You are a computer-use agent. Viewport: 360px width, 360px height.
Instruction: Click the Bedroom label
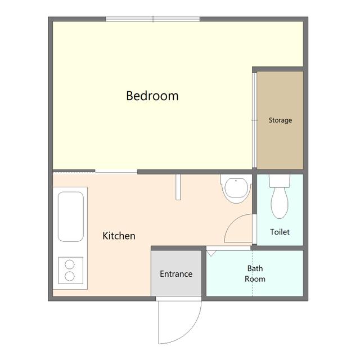click(x=152, y=96)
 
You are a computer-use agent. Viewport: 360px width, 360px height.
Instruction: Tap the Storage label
click(x=280, y=120)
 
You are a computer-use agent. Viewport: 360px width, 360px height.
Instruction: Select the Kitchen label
click(x=119, y=236)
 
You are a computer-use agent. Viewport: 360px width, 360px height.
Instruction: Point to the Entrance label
click(x=176, y=274)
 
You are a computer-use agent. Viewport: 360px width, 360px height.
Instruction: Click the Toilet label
click(x=280, y=232)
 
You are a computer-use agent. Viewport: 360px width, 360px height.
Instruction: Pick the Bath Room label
click(x=255, y=274)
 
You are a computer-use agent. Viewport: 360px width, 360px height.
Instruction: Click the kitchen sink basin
click(x=70, y=217)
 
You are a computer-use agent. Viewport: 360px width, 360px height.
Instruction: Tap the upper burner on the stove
click(x=70, y=264)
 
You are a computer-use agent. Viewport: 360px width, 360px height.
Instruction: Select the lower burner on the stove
click(x=70, y=276)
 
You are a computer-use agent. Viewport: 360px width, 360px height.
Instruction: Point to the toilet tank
click(x=280, y=181)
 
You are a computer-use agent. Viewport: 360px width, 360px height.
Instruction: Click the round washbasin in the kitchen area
click(x=236, y=188)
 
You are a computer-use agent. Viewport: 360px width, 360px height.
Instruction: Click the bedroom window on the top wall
click(x=153, y=19)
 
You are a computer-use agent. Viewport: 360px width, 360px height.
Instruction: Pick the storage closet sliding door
click(x=254, y=120)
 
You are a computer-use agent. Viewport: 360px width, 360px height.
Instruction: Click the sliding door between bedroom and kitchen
click(x=116, y=171)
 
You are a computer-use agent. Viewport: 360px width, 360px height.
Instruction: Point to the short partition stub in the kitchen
click(x=178, y=187)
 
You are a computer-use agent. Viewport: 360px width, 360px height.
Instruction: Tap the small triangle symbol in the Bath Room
click(x=211, y=254)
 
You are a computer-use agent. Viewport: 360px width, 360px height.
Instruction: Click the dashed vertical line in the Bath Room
click(x=253, y=273)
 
